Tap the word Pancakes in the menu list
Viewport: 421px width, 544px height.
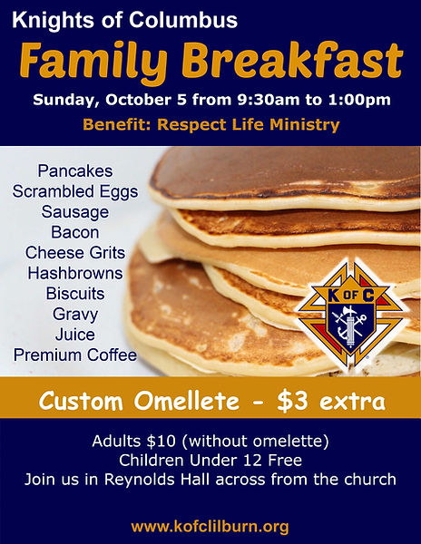coord(75,170)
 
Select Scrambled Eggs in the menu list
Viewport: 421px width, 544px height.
coord(75,191)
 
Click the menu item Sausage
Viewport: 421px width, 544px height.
coord(75,212)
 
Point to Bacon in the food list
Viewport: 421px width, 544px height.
coord(75,232)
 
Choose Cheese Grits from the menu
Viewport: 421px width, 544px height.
coord(75,252)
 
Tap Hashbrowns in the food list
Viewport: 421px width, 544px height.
coord(75,273)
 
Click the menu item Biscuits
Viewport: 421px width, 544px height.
coord(75,294)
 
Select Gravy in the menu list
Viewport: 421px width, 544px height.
coord(75,315)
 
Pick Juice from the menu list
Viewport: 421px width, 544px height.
coord(75,335)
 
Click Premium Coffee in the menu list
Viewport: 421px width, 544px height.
coord(75,355)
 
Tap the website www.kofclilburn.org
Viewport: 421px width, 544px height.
coord(210,526)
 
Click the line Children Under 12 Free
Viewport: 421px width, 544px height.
coord(210,461)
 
